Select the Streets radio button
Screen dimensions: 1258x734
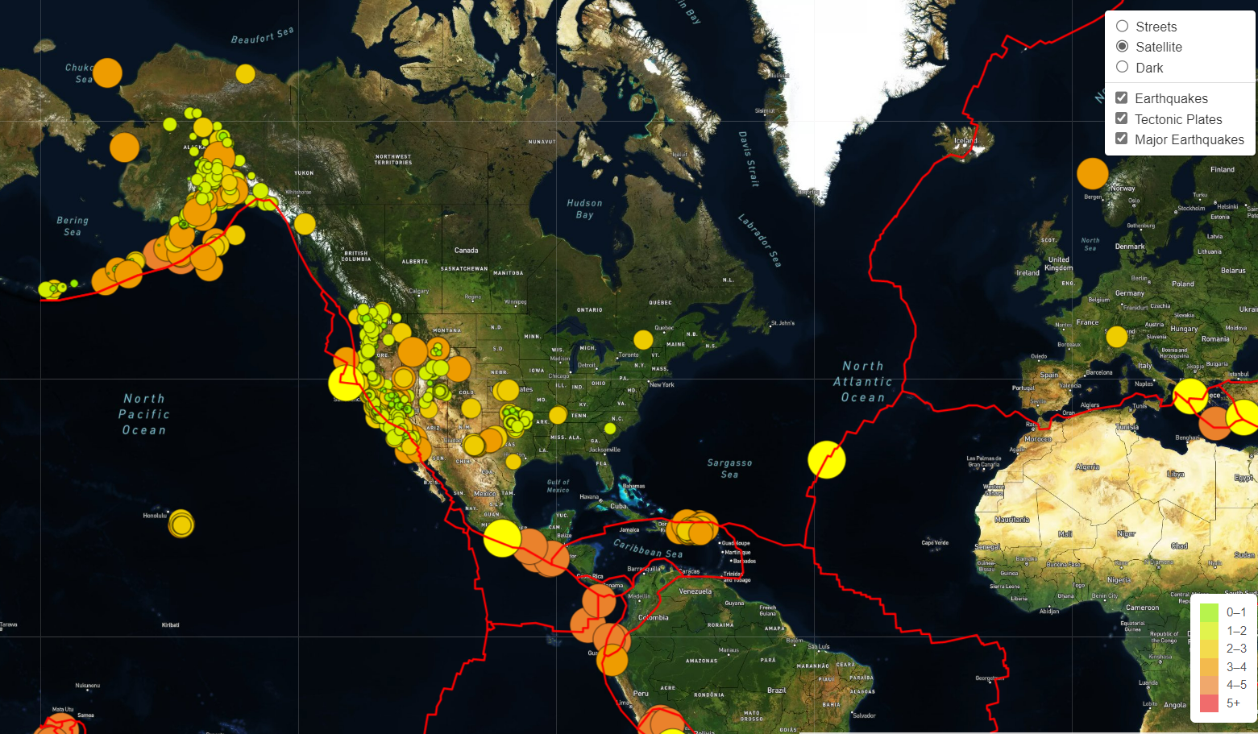(x=1122, y=27)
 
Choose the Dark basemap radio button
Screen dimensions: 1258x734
(x=1122, y=68)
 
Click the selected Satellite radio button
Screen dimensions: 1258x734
(x=1122, y=47)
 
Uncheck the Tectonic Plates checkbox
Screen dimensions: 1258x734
(x=1121, y=118)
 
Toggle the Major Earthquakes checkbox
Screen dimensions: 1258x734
(x=1121, y=139)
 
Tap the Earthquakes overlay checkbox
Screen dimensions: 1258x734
(x=1121, y=98)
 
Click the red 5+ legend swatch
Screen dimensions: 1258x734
(x=1209, y=703)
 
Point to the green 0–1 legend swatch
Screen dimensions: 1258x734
(x=1209, y=612)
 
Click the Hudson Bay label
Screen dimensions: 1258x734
(x=584, y=209)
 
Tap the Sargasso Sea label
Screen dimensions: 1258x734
(x=729, y=469)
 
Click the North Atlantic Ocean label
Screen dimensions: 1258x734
(x=863, y=382)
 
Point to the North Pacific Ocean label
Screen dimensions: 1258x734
(x=144, y=414)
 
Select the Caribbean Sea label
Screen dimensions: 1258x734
(x=648, y=549)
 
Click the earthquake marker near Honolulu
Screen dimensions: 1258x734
(x=181, y=524)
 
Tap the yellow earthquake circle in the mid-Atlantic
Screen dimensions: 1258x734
(x=827, y=459)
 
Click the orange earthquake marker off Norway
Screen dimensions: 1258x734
(x=1092, y=173)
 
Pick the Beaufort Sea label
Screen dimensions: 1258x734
(x=262, y=35)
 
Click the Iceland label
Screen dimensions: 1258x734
(x=965, y=141)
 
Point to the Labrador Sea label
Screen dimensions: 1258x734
(x=760, y=240)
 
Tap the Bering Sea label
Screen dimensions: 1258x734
(x=73, y=226)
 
